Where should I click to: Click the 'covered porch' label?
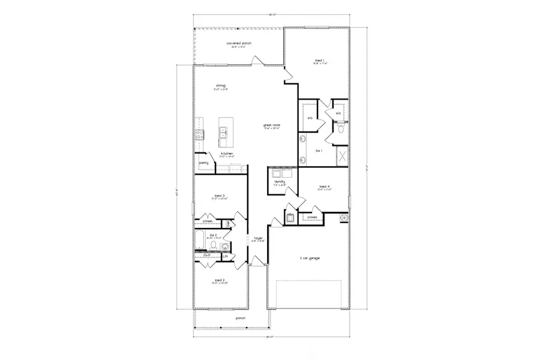pos(239,43)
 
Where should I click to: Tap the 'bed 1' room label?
pos(319,61)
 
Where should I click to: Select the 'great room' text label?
pos(272,125)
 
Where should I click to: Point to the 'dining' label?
pos(221,86)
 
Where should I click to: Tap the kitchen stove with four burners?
pos(199,134)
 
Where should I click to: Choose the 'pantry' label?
pos(204,162)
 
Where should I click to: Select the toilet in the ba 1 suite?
pos(340,128)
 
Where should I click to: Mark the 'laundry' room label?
pos(279,181)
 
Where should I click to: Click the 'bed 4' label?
pos(325,187)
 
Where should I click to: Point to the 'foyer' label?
pos(259,238)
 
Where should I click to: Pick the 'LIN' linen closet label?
pos(226,256)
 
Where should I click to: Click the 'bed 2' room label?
pos(220,280)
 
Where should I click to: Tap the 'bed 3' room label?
pos(219,196)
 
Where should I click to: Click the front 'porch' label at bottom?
pos(241,318)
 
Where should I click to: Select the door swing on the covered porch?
pos(256,60)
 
